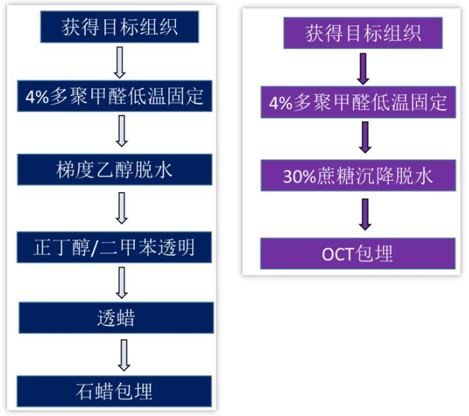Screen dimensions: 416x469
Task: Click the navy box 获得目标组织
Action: [x=119, y=28]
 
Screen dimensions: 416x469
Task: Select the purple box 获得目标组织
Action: [x=363, y=33]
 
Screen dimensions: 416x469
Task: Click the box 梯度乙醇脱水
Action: [x=114, y=169]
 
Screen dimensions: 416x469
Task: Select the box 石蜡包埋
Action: [x=114, y=390]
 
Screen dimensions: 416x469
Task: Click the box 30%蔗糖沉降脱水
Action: [x=358, y=175]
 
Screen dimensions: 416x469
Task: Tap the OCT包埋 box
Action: [x=358, y=253]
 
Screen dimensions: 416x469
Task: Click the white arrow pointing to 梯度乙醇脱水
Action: [x=121, y=132]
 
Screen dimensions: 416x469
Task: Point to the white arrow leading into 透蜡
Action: [x=121, y=281]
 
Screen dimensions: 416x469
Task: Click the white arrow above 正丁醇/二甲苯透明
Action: [x=121, y=207]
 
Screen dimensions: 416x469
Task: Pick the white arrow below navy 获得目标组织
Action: [x=120, y=62]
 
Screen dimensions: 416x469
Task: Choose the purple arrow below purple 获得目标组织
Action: [x=363, y=67]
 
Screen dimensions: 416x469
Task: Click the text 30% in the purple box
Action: [x=299, y=176]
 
